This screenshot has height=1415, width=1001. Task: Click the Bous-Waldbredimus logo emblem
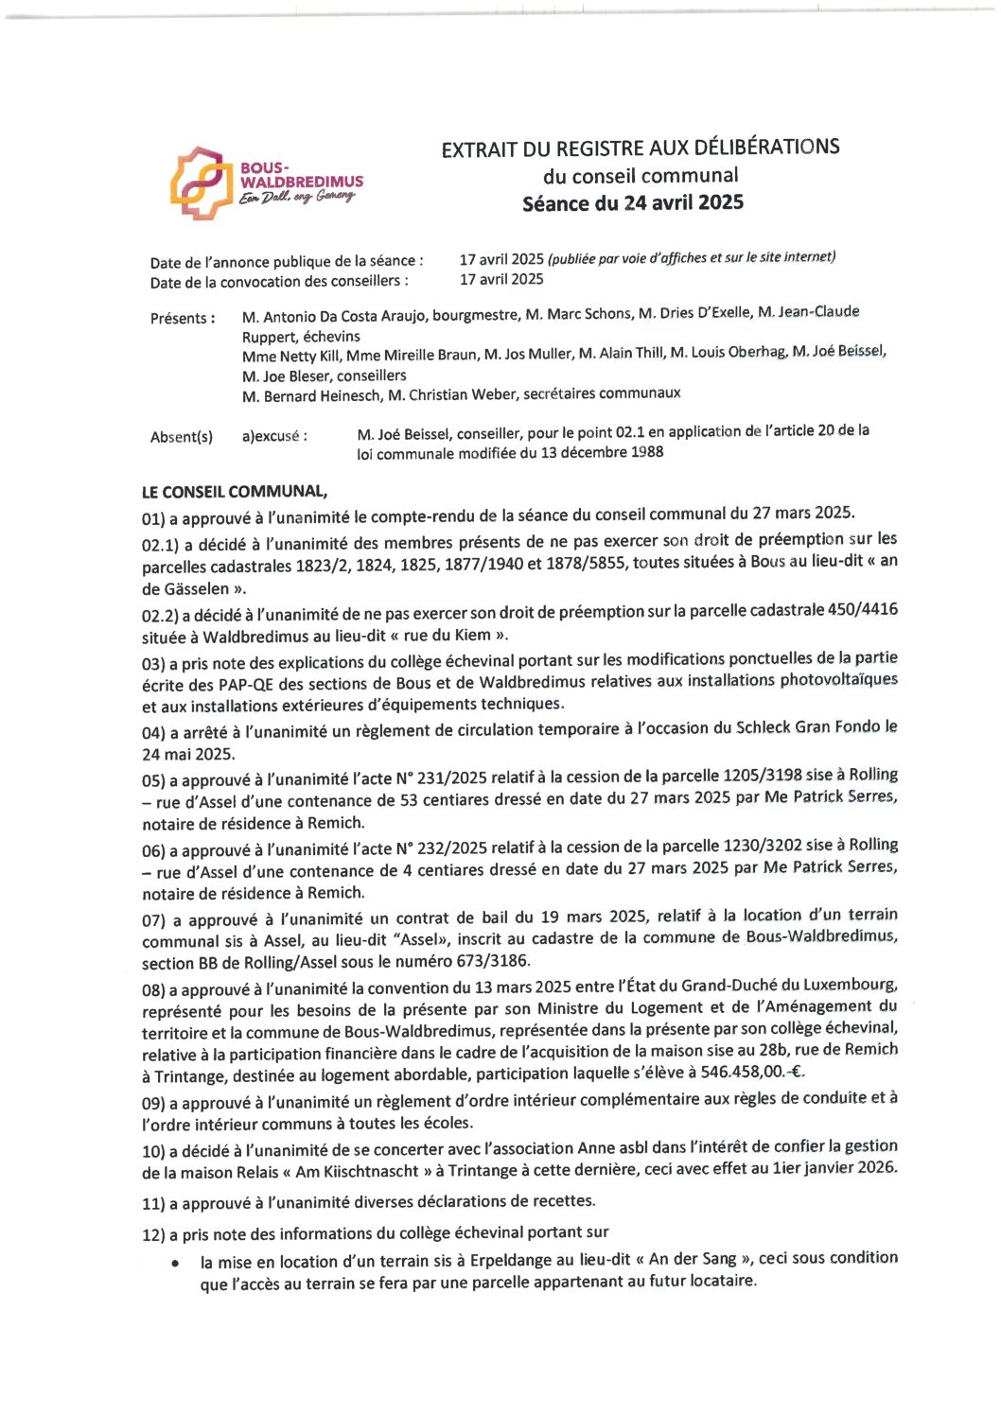click(201, 183)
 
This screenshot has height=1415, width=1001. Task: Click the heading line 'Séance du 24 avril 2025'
click(632, 202)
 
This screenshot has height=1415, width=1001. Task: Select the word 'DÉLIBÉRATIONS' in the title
click(766, 147)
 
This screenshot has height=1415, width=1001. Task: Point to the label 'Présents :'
click(183, 318)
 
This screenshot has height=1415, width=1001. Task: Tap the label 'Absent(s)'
click(182, 436)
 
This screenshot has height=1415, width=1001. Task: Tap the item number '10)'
click(153, 1150)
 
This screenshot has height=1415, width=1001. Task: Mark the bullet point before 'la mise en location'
click(176, 1263)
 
